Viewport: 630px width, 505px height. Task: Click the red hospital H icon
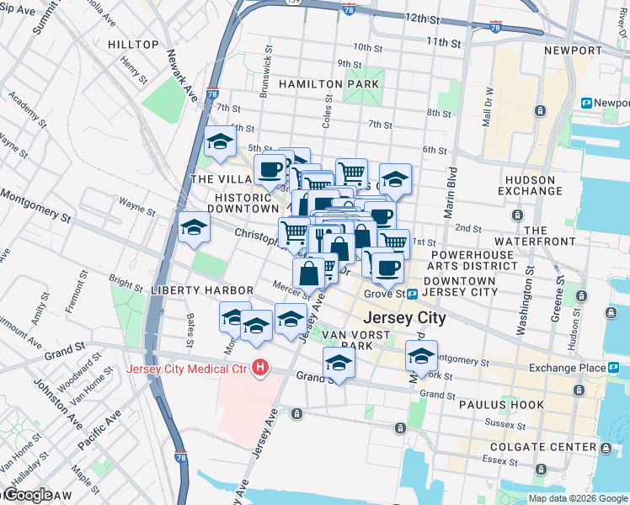260,369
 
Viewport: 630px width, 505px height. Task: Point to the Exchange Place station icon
614,368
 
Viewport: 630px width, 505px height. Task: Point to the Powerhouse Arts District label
472,260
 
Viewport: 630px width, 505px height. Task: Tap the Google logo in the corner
27,496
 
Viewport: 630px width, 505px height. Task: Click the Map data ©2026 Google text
578,498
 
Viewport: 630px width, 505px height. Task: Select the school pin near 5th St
220,142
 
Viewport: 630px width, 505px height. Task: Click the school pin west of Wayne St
194,226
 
